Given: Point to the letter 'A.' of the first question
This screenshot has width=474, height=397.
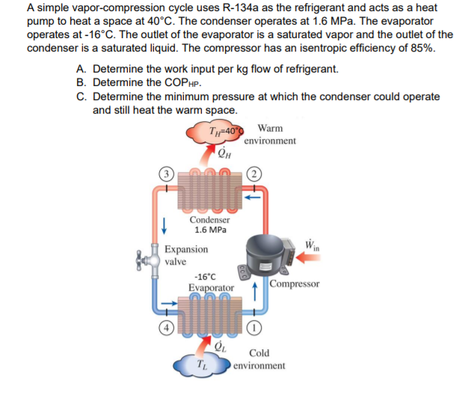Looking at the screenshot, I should (81, 69).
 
